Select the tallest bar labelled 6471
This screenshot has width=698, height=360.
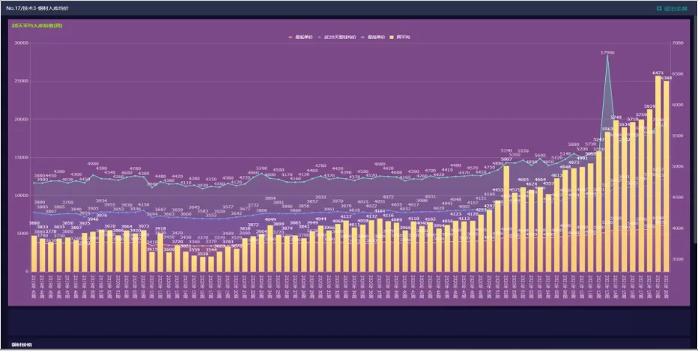click(x=658, y=172)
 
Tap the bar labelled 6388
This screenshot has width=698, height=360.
click(x=667, y=176)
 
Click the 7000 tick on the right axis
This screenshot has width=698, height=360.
click(x=679, y=43)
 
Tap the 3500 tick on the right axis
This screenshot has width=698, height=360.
click(x=679, y=259)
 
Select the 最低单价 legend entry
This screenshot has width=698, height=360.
click(x=302, y=37)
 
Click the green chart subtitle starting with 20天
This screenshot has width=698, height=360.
click(x=37, y=25)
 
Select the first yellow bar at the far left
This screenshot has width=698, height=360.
click(x=34, y=253)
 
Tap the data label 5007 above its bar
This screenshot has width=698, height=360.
click(x=506, y=159)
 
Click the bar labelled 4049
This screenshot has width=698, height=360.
click(x=270, y=247)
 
